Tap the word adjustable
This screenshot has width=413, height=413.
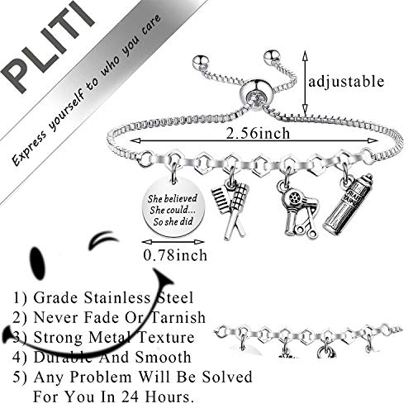point(345,81)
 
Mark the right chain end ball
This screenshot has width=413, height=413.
point(270,59)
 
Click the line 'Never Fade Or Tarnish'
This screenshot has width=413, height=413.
point(112,316)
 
